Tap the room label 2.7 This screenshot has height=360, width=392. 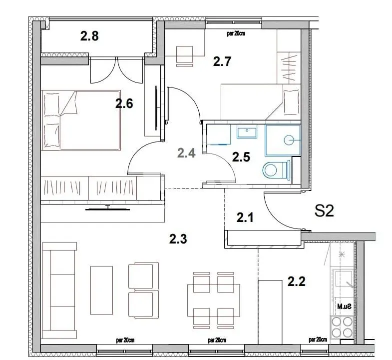pos(222,61)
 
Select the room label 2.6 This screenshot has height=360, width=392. pos(124,103)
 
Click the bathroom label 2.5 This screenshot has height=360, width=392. pos(241,156)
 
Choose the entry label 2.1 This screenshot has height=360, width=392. pos(246,217)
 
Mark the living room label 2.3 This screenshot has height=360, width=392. pos(178,239)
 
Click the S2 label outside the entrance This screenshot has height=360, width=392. pos(324,211)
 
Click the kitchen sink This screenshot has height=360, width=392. pos(345,278)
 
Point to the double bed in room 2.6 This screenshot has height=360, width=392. pos(81,119)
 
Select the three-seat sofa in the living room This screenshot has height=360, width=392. pos(59,290)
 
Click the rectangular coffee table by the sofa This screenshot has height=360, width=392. pos(102,290)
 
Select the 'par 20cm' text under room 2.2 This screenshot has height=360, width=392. pos(318,339)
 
